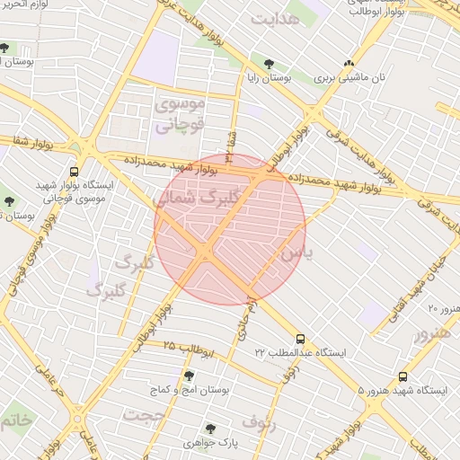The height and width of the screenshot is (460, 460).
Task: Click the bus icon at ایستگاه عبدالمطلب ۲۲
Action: click(300, 341)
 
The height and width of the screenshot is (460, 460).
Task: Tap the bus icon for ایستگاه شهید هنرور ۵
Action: click(402, 377)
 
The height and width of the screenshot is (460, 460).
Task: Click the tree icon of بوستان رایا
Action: click(269, 63)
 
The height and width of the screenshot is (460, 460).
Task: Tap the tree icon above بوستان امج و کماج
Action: click(189, 376)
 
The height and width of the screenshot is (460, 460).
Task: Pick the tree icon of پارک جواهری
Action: click(210, 429)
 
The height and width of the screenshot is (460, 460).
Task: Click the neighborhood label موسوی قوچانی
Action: click(181, 115)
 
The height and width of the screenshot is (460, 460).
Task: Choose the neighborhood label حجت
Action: click(146, 416)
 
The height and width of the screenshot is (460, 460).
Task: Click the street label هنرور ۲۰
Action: click(443, 309)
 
